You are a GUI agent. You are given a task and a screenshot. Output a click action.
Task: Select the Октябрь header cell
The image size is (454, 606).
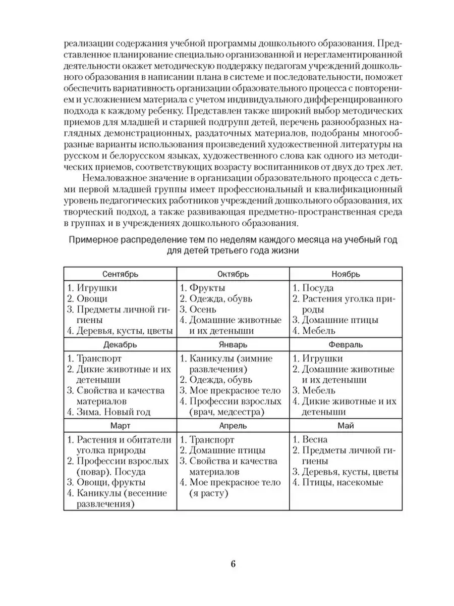pyautogui.click(x=233, y=274)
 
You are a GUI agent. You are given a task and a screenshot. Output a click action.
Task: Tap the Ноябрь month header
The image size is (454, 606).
pyautogui.click(x=346, y=274)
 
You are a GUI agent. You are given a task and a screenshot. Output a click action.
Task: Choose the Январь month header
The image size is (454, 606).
pyautogui.click(x=233, y=345)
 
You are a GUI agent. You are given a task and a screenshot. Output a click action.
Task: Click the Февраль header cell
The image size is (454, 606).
pyautogui.click(x=346, y=345)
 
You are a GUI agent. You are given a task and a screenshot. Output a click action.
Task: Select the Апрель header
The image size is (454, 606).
pyautogui.click(x=233, y=426)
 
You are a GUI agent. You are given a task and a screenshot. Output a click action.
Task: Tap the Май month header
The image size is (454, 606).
pyautogui.click(x=346, y=426)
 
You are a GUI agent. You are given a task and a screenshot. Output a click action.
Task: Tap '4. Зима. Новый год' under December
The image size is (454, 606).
pyautogui.click(x=109, y=413)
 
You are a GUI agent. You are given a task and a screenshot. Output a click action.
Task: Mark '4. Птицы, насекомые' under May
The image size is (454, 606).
pyautogui.click(x=338, y=483)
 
